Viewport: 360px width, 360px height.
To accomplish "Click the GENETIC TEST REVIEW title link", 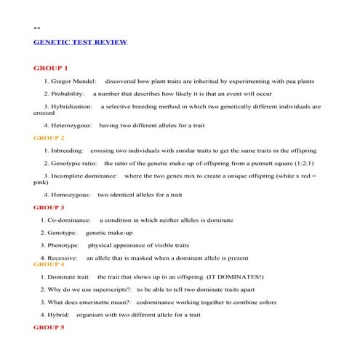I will pos(81,42).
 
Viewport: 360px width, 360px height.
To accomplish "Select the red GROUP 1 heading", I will pos(50,68).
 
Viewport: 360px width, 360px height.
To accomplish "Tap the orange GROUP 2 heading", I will pos(49,137).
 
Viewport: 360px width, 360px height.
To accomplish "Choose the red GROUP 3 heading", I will pos(49,207).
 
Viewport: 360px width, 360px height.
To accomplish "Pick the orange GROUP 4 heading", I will pos(49,265).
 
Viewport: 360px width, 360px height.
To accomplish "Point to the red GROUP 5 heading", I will pos(49,328).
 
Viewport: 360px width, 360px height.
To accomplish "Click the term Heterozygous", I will pos(70,125).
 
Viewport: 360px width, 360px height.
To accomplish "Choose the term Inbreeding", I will pos(65,150).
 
